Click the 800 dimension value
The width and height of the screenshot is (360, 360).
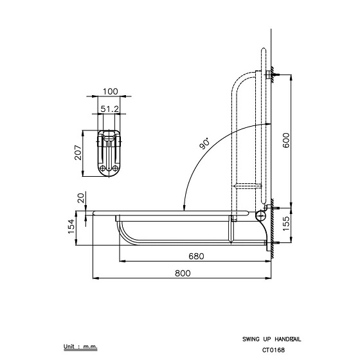point(183,273)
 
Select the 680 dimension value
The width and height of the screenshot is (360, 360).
point(196,256)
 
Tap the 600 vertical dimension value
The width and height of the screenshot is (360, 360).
point(286,140)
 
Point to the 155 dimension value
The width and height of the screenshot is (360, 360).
point(286,224)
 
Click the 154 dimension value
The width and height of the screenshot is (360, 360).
point(71,226)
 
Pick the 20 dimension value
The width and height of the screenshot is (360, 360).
point(81,198)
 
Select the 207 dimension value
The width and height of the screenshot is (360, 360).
point(78,152)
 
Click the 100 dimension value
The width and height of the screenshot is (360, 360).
point(110,91)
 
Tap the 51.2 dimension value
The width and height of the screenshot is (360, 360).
point(110,109)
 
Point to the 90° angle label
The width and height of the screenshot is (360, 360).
point(204,143)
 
